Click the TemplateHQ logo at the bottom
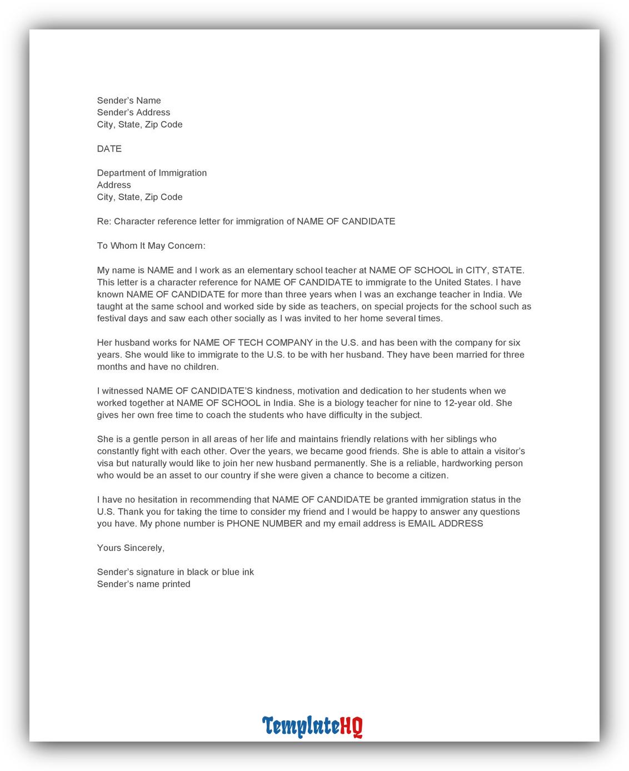[312, 726]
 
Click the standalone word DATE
[109, 149]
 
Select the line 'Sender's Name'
[129, 101]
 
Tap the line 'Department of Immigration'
[152, 173]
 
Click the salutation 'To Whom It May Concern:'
[151, 246]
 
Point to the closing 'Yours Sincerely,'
[131, 548]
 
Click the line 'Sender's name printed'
[143, 584]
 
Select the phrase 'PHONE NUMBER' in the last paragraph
[264, 524]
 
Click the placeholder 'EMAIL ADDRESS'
[445, 524]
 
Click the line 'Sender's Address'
[133, 112]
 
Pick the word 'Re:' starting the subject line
[104, 222]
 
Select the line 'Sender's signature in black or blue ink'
[175, 572]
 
